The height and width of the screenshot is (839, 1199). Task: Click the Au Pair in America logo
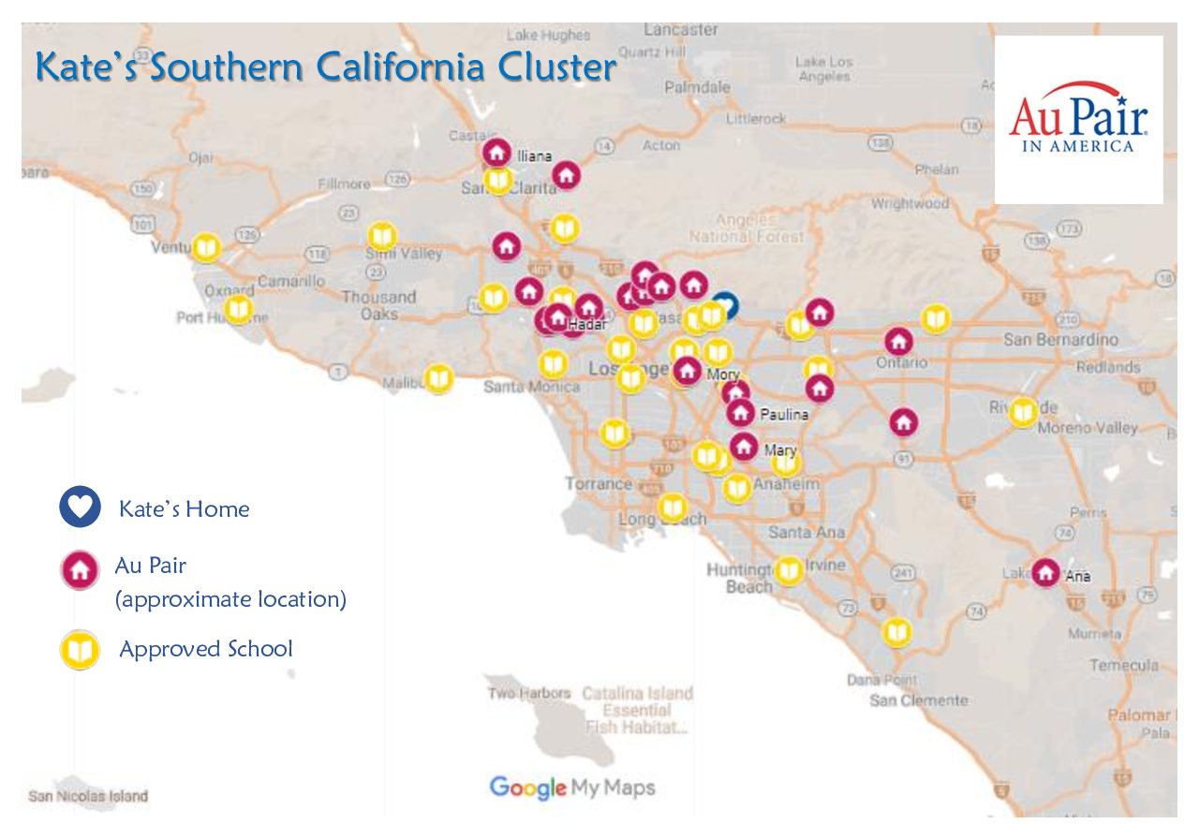coord(1078,119)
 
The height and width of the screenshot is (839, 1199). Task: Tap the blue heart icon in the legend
coord(80,507)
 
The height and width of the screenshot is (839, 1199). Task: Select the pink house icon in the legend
coord(80,569)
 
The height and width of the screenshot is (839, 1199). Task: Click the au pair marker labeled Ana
coord(1045,571)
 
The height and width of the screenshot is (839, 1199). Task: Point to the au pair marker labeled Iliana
coord(497,151)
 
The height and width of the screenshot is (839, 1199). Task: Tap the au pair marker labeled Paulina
coord(741,412)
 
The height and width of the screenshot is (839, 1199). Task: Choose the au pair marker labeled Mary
coord(744,447)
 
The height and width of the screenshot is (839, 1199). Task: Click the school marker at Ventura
coord(206,247)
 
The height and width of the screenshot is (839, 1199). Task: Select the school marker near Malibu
coord(438,377)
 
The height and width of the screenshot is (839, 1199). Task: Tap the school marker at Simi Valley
coord(381,236)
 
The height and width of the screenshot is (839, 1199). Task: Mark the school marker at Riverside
coord(1023,411)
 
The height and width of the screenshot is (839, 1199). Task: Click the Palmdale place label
coord(697,87)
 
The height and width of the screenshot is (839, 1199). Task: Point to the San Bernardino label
coord(1060,339)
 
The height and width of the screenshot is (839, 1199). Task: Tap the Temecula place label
coord(1123,666)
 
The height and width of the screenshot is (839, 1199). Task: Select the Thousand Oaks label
coord(378,305)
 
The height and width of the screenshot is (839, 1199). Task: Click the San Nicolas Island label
coord(88,797)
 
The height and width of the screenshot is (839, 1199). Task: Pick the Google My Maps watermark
coord(572,787)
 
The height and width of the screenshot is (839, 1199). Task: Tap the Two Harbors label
coord(528,694)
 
